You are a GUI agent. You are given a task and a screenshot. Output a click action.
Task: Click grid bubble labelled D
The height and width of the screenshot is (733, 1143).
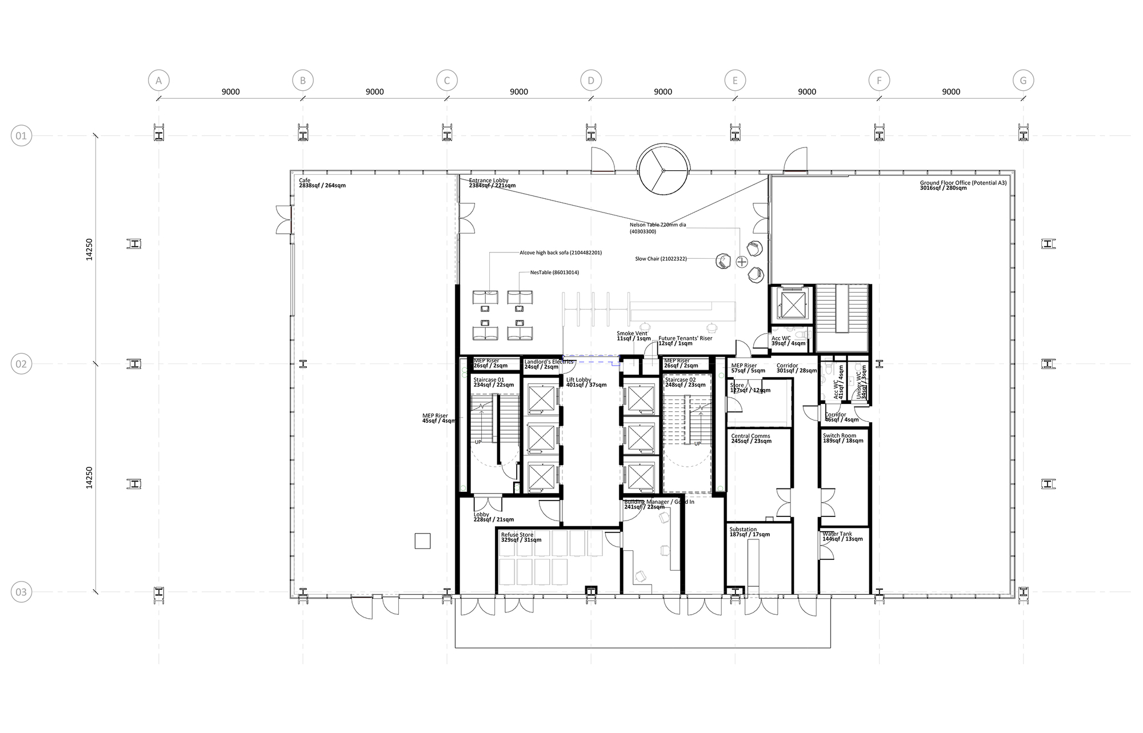(x=591, y=81)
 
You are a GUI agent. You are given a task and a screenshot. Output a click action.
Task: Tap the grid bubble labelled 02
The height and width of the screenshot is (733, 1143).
(x=21, y=364)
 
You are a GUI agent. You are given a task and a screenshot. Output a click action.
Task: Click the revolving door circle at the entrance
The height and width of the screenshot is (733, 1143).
(x=664, y=170)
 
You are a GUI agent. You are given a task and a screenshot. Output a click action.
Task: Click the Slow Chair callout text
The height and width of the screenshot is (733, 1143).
(x=660, y=259)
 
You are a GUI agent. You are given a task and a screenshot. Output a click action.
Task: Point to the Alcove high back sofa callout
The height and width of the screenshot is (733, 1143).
(x=560, y=253)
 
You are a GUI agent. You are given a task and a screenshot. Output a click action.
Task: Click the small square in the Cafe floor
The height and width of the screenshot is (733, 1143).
(x=422, y=540)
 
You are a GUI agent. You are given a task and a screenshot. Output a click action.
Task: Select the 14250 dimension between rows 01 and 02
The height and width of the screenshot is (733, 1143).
(x=89, y=250)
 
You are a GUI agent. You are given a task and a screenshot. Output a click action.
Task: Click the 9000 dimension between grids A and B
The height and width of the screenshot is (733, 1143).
(x=231, y=92)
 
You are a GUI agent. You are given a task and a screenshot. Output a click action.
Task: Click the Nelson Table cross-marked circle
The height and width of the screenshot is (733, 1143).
(x=742, y=262)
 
